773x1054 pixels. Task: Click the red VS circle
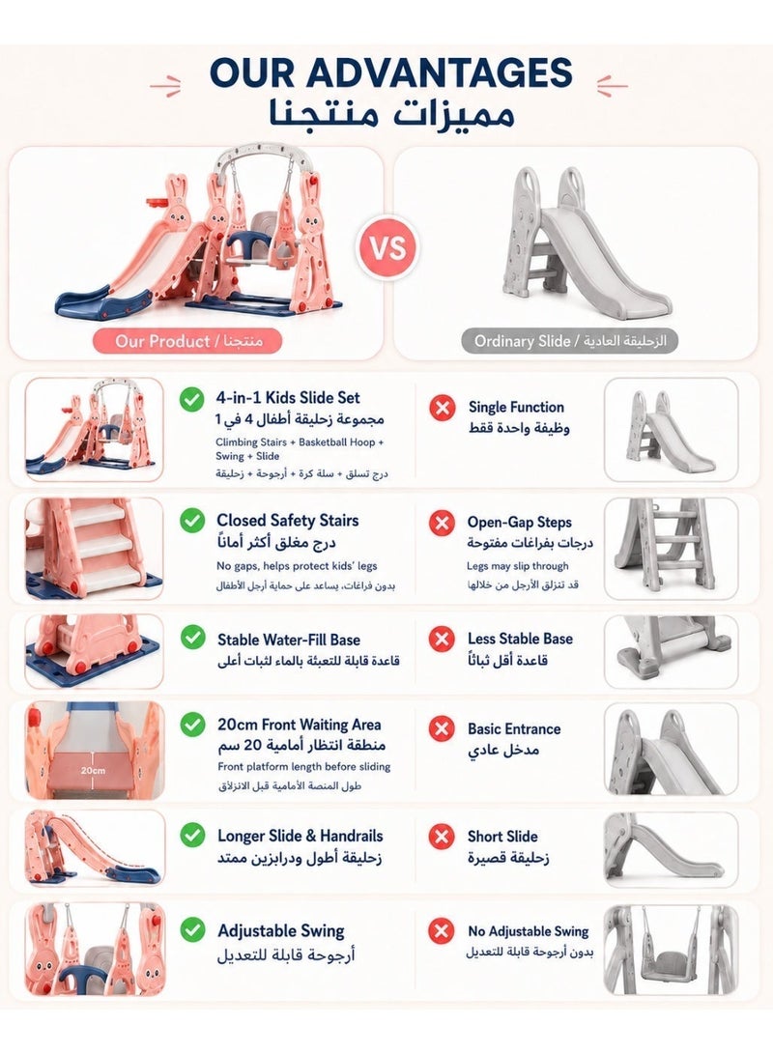pos(388,247)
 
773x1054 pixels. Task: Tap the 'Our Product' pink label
pos(187,341)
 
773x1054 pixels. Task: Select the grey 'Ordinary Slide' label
pos(570,341)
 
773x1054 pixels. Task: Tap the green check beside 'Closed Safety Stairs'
pos(192,521)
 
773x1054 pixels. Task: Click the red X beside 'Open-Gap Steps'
pos(442,523)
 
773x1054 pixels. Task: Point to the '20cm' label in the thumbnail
pos(93,770)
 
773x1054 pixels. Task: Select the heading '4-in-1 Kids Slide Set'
pos(288,397)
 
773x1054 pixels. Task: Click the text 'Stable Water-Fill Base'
pos(288,640)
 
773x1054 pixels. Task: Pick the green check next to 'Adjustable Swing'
pos(193,930)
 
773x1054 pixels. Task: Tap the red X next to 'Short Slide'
pos(442,837)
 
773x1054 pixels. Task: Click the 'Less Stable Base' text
pos(520,639)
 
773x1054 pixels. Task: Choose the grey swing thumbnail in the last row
pos(672,949)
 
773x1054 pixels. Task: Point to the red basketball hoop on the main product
pos(155,203)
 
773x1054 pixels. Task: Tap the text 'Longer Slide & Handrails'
pos(300,837)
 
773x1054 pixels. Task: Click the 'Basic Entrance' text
pos(514,728)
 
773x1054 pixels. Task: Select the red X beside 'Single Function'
pos(442,408)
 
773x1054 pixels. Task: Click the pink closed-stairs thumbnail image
pos(94,549)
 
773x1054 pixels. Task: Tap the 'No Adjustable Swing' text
pos(529,931)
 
